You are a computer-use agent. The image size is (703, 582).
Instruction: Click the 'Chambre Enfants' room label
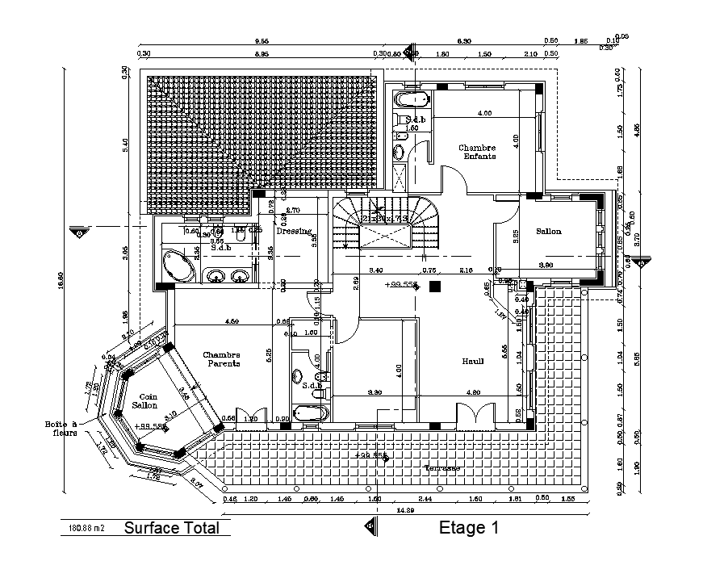click(x=478, y=152)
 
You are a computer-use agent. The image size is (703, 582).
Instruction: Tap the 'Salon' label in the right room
click(x=548, y=232)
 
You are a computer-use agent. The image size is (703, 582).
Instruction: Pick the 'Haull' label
click(x=473, y=361)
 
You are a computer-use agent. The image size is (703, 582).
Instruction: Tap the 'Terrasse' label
click(x=443, y=468)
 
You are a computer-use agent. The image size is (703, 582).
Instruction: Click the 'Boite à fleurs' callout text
click(x=61, y=429)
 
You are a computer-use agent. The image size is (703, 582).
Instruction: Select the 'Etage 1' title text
click(x=469, y=529)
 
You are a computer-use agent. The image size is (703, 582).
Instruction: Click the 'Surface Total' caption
click(x=171, y=529)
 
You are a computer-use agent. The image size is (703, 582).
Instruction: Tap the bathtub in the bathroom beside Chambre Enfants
click(x=411, y=100)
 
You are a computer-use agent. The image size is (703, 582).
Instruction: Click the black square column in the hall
click(x=436, y=286)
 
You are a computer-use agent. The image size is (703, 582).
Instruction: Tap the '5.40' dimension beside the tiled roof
click(x=125, y=145)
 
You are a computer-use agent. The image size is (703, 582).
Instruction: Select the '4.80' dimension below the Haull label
click(x=472, y=393)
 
